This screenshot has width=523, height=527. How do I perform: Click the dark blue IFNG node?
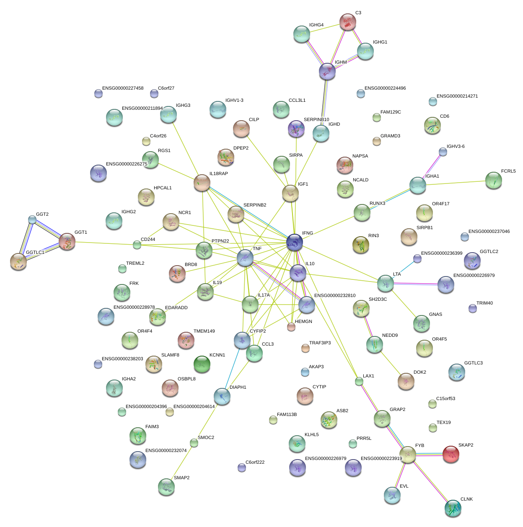(295, 242)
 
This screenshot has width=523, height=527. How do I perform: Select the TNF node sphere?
(245, 258)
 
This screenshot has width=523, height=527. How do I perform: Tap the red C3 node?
(347, 21)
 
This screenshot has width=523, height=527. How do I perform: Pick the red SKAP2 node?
(451, 454)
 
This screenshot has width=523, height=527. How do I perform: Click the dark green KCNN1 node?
(202, 364)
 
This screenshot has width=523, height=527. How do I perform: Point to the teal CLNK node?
(453, 508)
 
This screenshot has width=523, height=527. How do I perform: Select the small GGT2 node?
(32, 219)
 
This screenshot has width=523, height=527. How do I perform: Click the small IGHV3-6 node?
(443, 151)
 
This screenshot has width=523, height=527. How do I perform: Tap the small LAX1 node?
(359, 381)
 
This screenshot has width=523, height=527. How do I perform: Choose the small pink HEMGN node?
(291, 327)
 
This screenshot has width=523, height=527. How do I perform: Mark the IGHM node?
(327, 71)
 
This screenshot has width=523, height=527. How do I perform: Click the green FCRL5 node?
(493, 180)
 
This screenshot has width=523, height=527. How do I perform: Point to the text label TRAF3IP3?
(320, 343)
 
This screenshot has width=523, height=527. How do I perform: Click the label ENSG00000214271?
(457, 96)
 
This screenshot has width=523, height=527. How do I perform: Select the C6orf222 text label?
(255, 462)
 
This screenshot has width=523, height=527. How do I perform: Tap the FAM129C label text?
(391, 112)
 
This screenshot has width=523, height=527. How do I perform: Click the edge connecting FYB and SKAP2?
(429, 454)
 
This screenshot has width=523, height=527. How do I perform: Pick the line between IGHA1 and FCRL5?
(456, 183)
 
